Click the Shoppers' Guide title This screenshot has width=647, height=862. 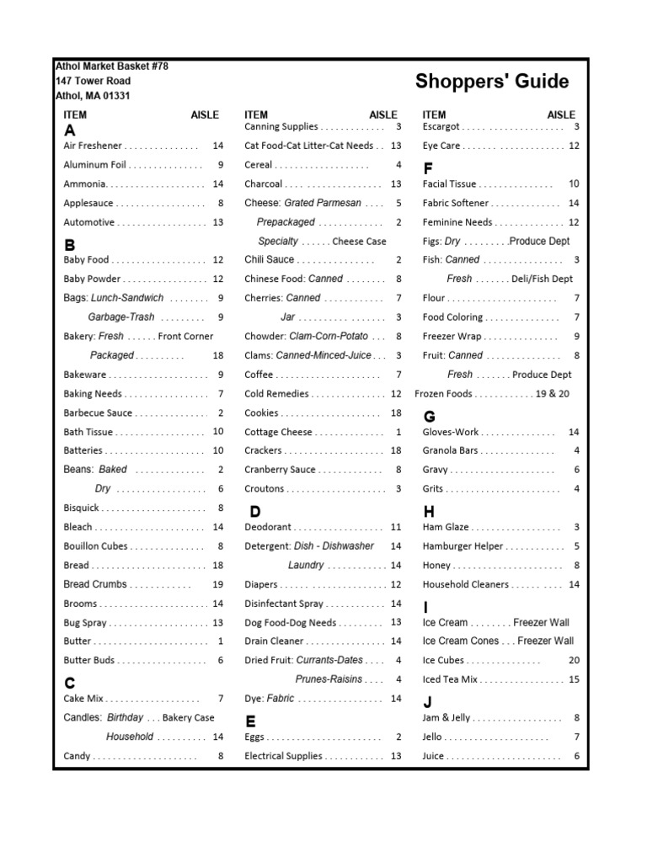491,82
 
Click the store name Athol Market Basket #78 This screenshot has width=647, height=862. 111,67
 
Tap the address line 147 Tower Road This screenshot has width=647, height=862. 93,82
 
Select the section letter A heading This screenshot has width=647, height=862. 70,130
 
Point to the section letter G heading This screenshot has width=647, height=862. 429,417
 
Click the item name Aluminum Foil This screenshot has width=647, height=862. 95,165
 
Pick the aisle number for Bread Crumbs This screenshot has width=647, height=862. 217,584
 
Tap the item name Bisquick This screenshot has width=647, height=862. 82,508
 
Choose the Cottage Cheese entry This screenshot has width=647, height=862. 278,432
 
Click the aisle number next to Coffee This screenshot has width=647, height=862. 398,375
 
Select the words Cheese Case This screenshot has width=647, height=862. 360,242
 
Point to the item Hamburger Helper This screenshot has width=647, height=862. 463,546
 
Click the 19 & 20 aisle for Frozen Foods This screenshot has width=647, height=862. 553,394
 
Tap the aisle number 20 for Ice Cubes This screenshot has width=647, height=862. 574,661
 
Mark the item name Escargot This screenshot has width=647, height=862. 441,127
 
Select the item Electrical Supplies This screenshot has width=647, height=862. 283,756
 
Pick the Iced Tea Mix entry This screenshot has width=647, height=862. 450,679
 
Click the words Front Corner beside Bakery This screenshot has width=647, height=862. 185,336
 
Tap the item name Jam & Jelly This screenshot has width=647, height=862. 446,718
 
